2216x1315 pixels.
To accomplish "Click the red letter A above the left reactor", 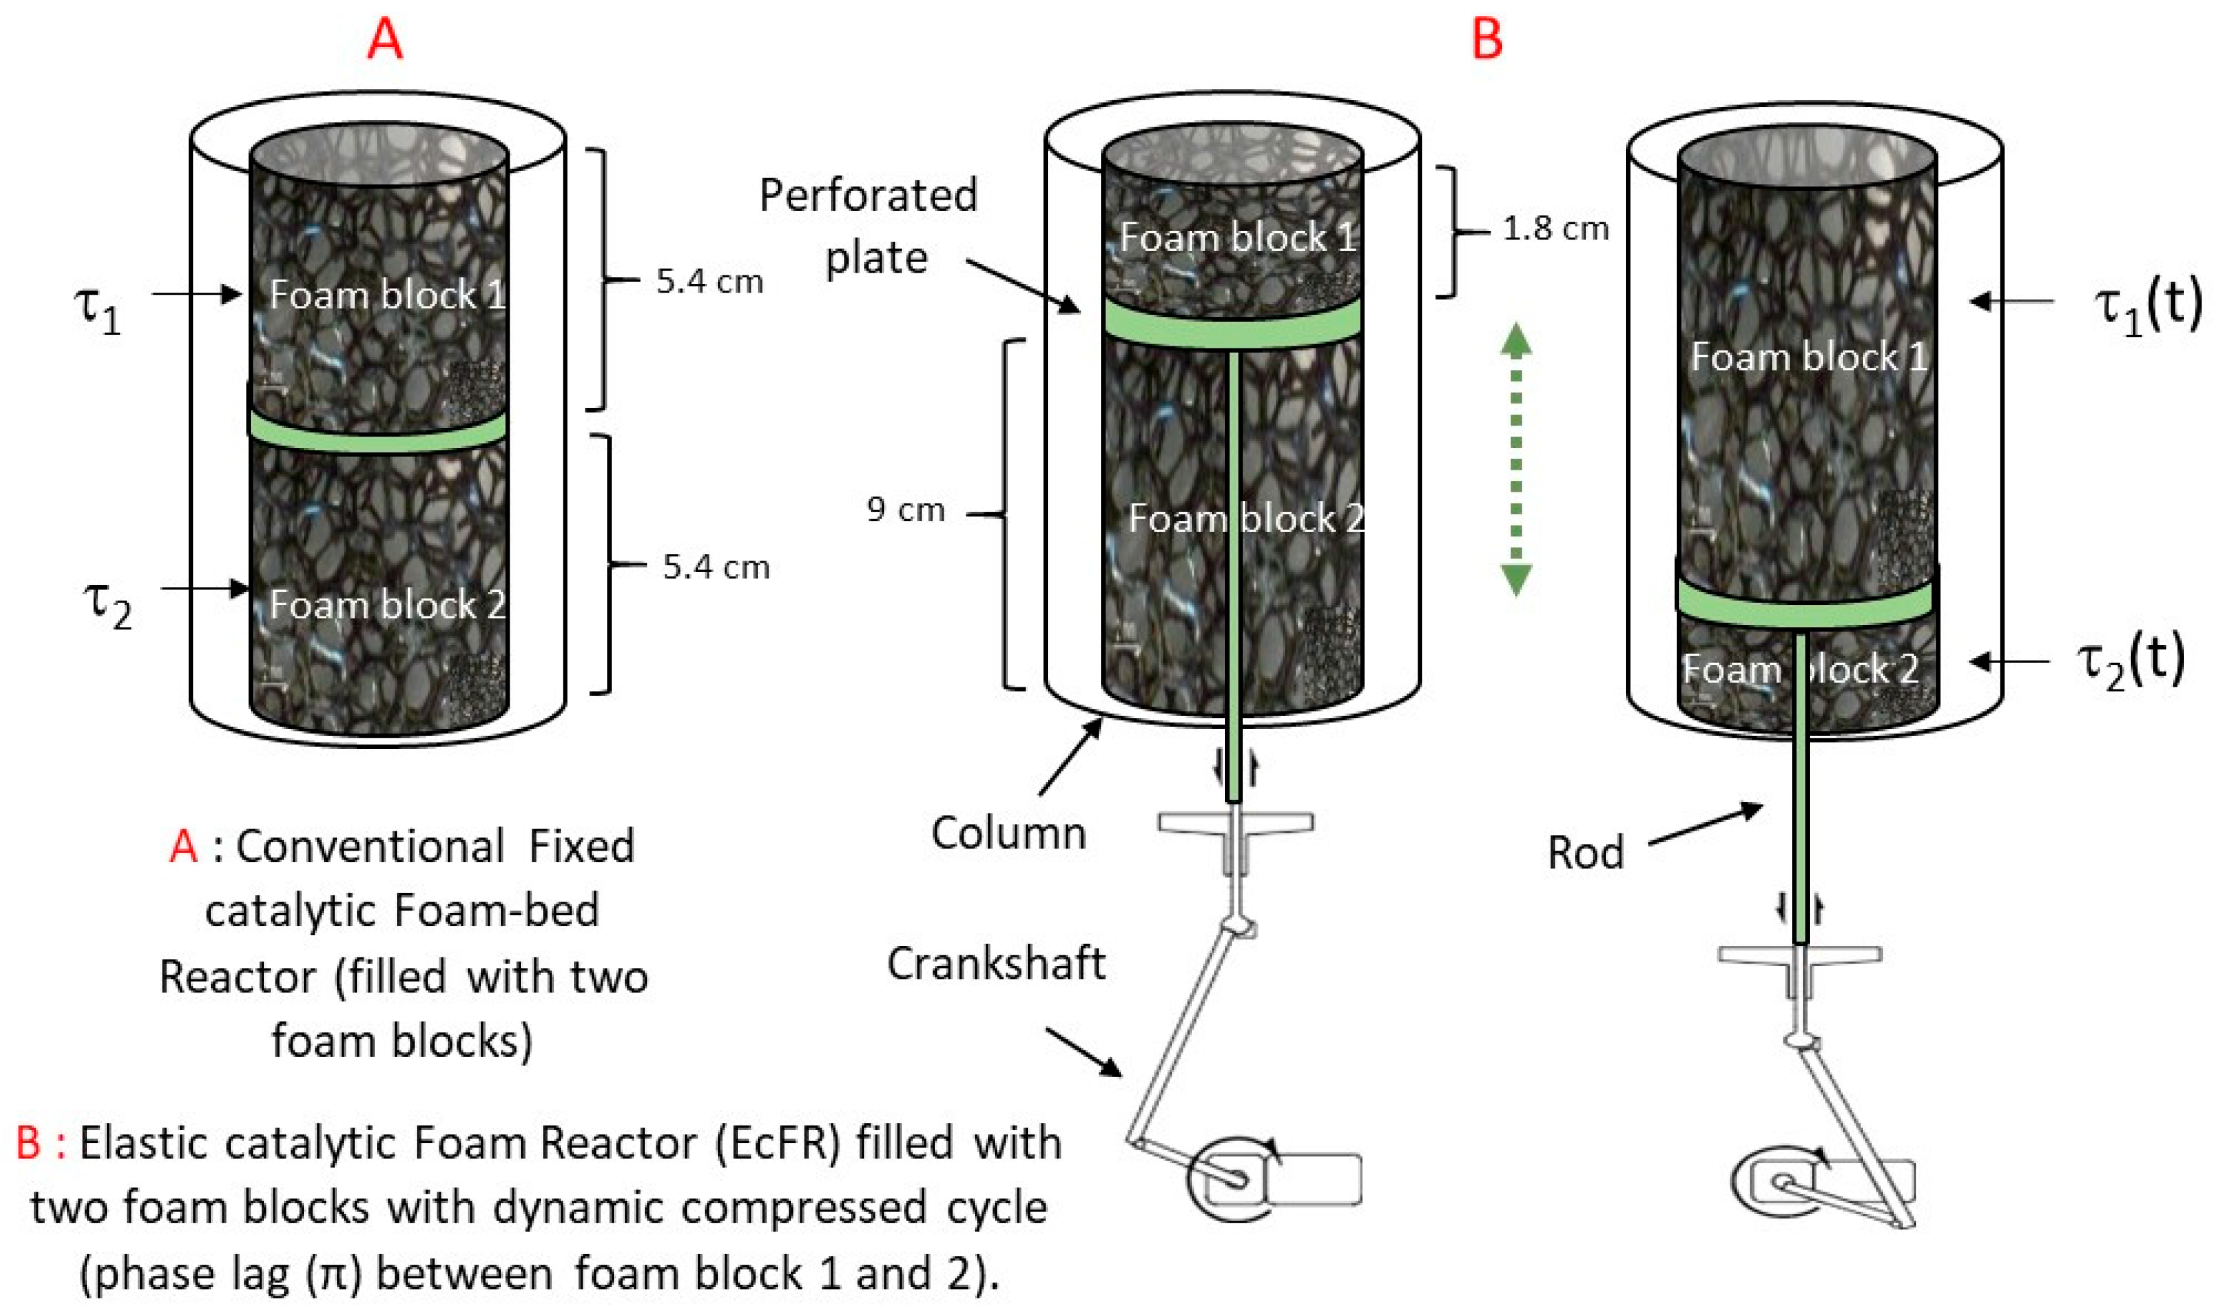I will point(385,40).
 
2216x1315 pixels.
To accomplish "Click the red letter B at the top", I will point(1487,40).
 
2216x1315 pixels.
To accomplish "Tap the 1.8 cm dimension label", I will point(1556,229).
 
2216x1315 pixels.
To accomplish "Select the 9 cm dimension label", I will point(906,510).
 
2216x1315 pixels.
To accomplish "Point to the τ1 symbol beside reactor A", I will point(98,310).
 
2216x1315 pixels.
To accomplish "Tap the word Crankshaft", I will point(996,964).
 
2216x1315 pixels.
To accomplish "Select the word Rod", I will point(1586,853).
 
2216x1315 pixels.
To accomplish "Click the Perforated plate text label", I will point(869,227).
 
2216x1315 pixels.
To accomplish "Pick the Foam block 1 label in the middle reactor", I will point(1237,237).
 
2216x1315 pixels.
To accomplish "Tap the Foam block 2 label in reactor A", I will point(388,605).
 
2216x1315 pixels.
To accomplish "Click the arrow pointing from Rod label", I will point(1704,825).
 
